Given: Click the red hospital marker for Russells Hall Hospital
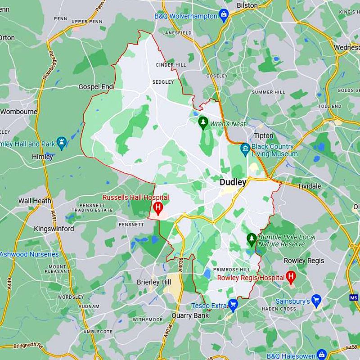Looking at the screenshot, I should pos(158,207).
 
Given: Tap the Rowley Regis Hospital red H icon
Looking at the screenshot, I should pos(291,277).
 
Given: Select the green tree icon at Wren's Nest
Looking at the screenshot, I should pos(203,122).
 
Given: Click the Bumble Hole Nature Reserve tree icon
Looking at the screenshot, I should pos(252,238).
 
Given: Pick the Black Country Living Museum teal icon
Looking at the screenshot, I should pos(245,148).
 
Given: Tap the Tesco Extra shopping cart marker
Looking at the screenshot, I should pos(233,305).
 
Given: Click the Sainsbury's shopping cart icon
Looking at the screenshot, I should pos(316,300).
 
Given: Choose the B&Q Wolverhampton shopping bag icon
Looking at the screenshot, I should pos(224,16).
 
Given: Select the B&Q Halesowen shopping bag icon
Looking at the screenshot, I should pos(322,354).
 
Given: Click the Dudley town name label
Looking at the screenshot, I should pos(233,182).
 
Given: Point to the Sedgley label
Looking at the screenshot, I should pos(163,82).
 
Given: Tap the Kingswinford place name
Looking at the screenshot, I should pos(54,229).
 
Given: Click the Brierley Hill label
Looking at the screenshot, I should pos(154,282).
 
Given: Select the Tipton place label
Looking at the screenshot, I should pos(263,135).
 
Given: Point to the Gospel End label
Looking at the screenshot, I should pos(95,86).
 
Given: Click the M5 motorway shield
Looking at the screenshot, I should pos(354,297).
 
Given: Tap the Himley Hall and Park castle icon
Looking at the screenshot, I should pos(62,144).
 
